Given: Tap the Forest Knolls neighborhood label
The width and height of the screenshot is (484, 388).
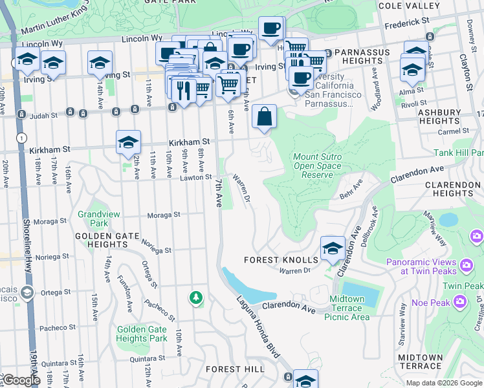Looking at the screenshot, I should (280, 260).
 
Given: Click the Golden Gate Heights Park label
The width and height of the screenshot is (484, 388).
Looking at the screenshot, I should (142, 334).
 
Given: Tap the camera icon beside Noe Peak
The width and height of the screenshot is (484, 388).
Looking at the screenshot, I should (459, 301).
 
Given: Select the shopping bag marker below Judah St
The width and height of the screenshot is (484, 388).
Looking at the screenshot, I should (264, 118).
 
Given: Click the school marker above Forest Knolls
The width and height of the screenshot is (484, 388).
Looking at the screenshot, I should (333, 248).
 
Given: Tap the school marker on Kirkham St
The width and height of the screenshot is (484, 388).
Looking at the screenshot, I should (128, 143).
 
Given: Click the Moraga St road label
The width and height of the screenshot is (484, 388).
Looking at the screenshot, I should (163, 215).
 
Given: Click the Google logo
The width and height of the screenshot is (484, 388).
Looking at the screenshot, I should (21, 380).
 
